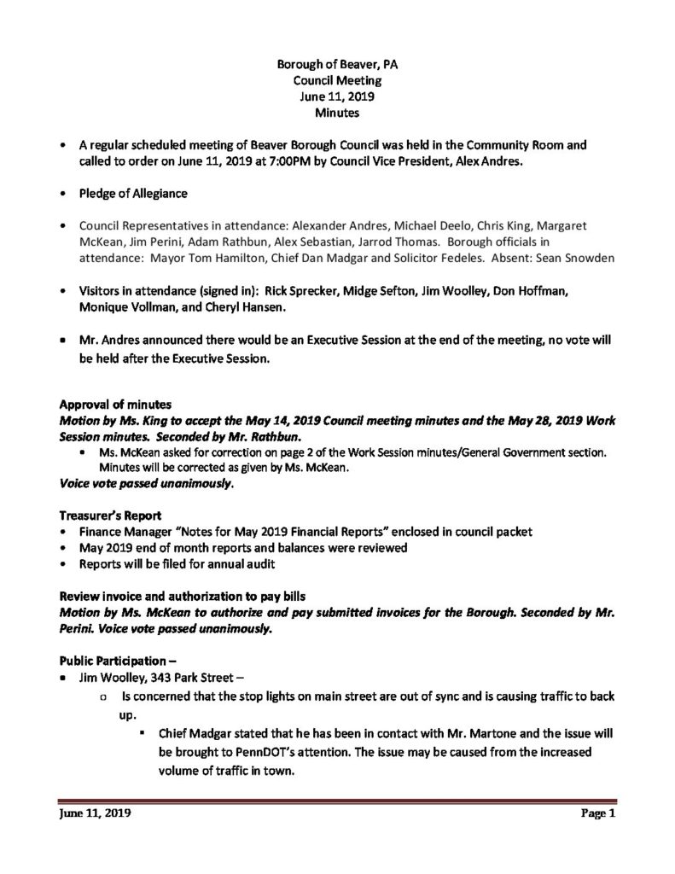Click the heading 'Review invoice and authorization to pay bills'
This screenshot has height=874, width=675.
(181, 593)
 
